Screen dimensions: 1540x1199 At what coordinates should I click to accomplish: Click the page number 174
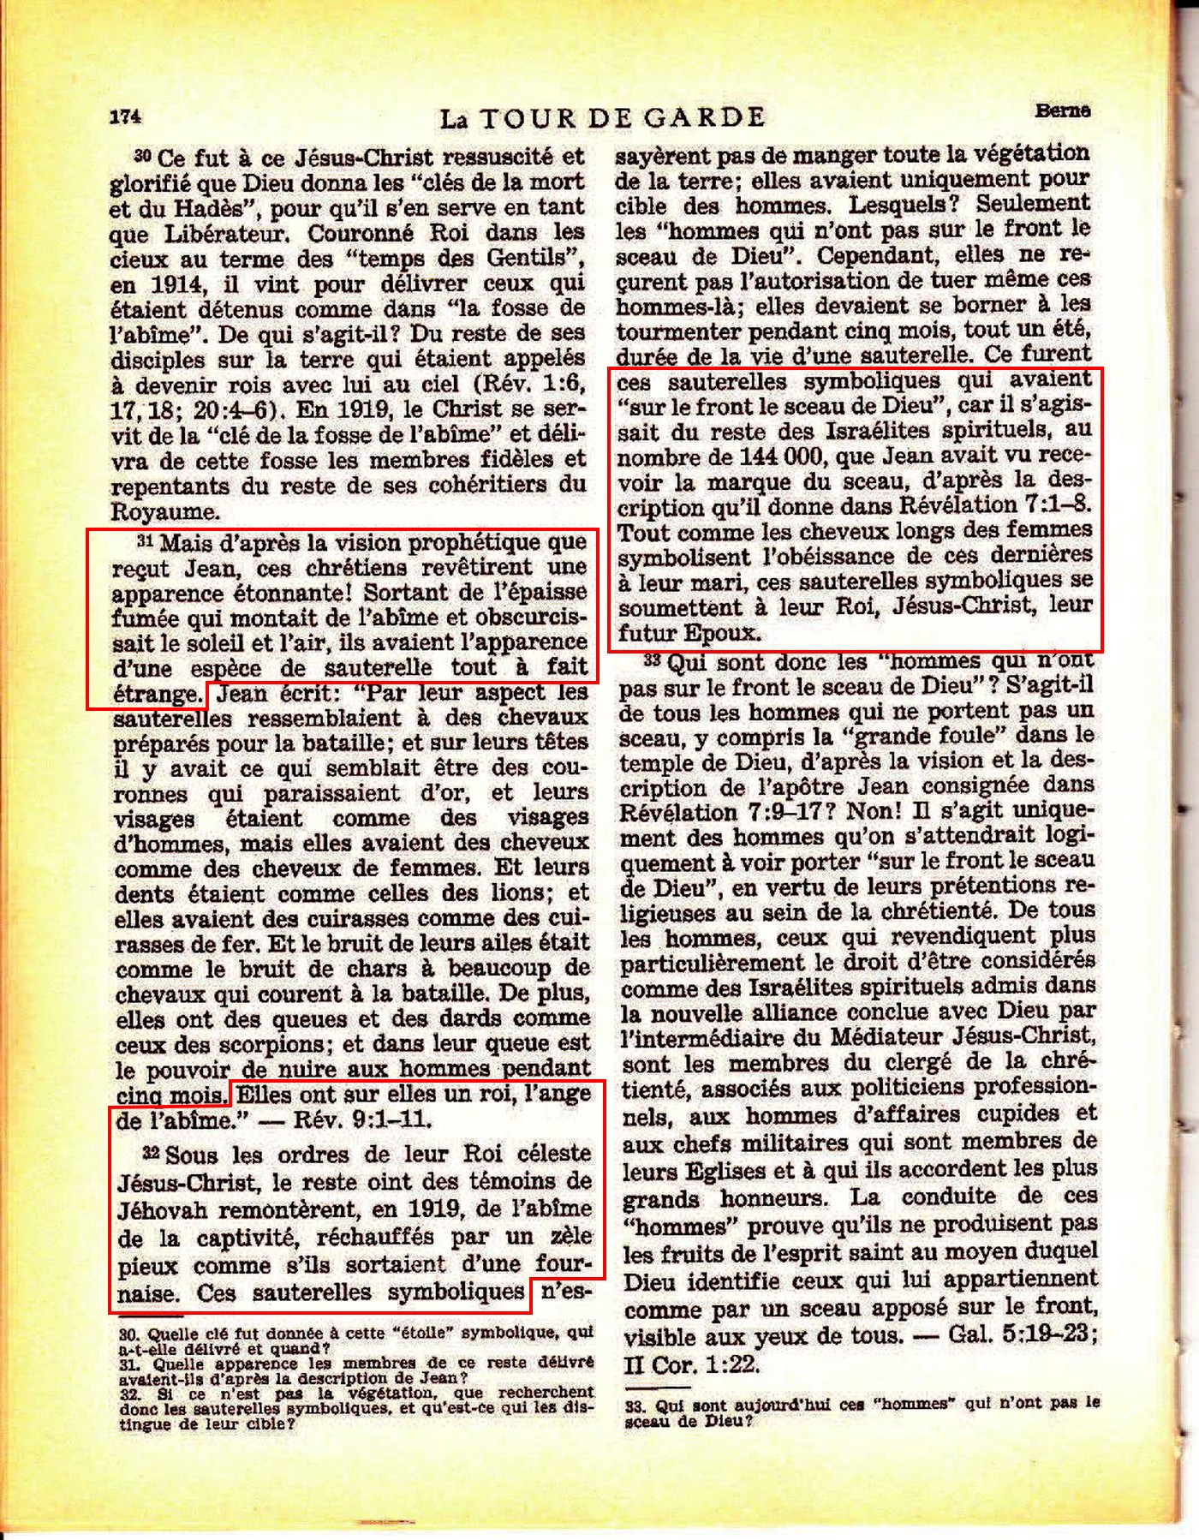coord(125,117)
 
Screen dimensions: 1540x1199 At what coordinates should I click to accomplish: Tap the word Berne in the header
coord(1062,110)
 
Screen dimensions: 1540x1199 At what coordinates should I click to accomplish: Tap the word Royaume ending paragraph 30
coord(164,512)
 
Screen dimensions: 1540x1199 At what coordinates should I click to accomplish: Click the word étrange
coord(157,693)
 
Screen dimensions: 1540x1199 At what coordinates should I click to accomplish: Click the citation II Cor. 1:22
coord(691,1364)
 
